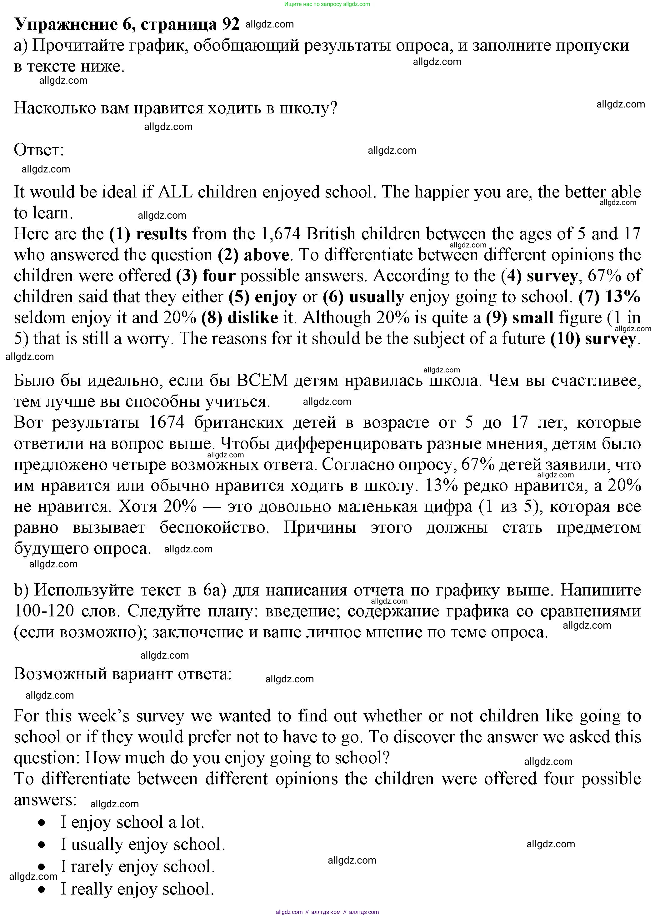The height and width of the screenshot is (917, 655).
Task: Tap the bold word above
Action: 266,255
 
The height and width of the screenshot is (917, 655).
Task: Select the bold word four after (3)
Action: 219,276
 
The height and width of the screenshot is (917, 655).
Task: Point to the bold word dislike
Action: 253,318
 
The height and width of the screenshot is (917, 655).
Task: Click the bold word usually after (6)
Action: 376,297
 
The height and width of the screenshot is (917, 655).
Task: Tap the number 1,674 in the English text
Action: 281,234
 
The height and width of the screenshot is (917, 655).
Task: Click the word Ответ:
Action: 39,150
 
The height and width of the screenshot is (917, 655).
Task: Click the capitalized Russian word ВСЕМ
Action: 262,381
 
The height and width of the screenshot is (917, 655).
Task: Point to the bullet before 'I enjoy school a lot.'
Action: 42,823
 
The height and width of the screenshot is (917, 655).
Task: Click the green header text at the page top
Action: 327,4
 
